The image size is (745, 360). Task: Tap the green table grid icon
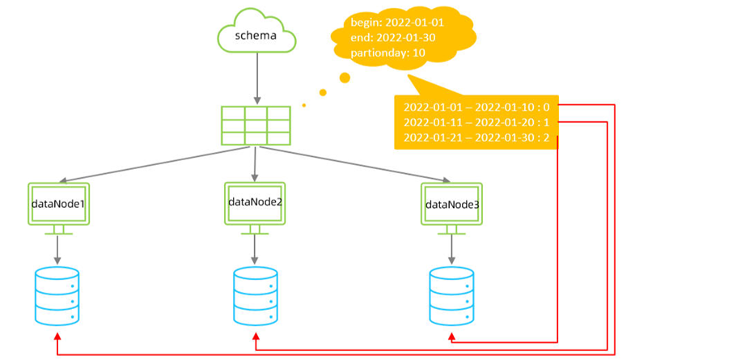256,125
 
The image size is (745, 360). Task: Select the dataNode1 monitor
58,205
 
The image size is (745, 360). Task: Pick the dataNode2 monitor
255,202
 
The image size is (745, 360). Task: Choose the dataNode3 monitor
451,205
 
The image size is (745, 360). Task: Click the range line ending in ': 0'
476,106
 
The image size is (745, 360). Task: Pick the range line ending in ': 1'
476,121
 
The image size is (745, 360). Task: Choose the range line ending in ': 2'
476,138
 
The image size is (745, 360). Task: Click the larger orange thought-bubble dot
345,78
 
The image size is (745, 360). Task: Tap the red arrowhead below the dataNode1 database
57,335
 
